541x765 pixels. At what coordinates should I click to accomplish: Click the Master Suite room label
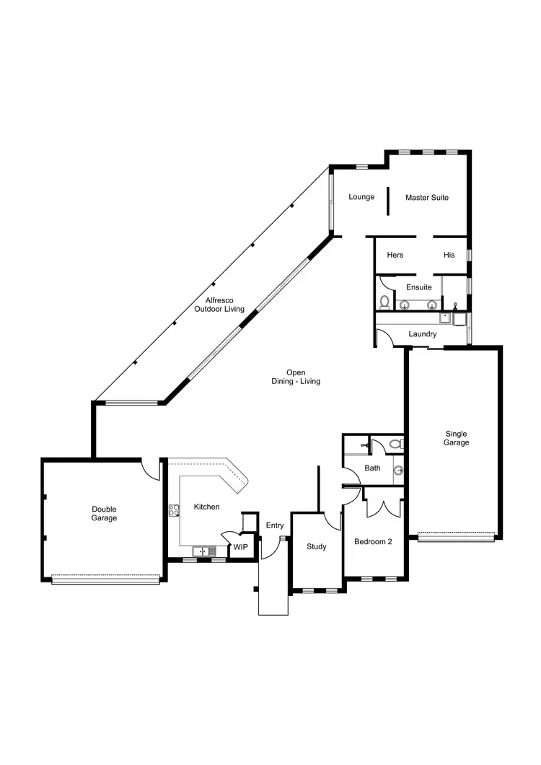pyautogui.click(x=427, y=197)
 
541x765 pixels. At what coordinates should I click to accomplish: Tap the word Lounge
pyautogui.click(x=361, y=197)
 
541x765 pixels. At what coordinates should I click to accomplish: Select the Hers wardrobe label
pyautogui.click(x=395, y=255)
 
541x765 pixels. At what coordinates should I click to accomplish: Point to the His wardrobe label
pyautogui.click(x=449, y=255)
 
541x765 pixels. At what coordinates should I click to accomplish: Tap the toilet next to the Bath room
pyautogui.click(x=395, y=444)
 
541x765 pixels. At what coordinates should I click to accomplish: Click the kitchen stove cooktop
pyautogui.click(x=174, y=511)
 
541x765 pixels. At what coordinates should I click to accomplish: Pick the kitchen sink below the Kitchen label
pyautogui.click(x=200, y=552)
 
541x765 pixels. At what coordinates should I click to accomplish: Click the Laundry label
pyautogui.click(x=422, y=334)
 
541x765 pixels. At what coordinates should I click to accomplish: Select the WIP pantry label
pyautogui.click(x=240, y=547)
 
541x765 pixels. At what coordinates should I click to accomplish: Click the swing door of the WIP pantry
pyautogui.click(x=227, y=538)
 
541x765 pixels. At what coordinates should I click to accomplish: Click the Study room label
pyautogui.click(x=317, y=546)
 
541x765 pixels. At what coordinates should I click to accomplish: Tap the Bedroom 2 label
pyautogui.click(x=373, y=541)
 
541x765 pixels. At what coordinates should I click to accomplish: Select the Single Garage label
pyautogui.click(x=456, y=438)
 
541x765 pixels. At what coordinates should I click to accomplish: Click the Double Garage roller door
pyautogui.click(x=105, y=578)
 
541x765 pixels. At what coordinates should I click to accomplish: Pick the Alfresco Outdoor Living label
pyautogui.click(x=219, y=305)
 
